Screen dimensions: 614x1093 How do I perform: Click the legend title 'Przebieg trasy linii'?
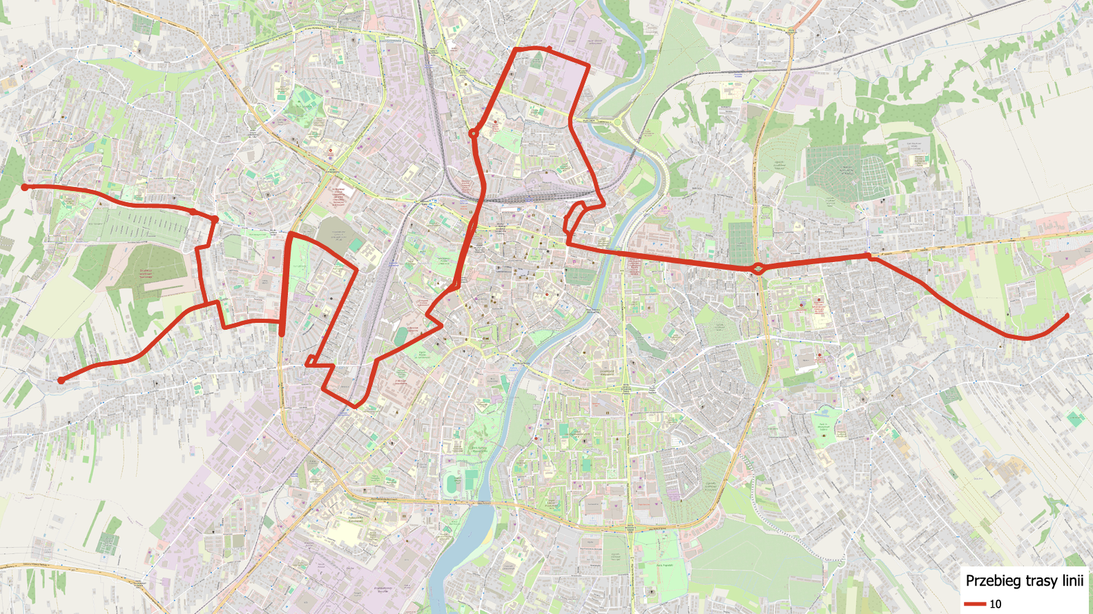(x=1024, y=581)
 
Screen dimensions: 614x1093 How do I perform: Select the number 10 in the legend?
(x=995, y=604)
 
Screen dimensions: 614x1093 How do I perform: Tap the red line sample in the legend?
(x=975, y=604)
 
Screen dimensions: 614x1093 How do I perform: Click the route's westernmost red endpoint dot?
(x=25, y=187)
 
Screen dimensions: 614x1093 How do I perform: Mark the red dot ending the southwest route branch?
(x=61, y=380)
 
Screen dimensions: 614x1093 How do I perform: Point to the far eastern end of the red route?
(x=1067, y=315)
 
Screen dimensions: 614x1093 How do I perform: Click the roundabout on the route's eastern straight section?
(x=758, y=268)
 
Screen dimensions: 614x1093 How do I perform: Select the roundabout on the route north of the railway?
(x=474, y=133)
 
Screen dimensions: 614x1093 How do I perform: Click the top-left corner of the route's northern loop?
(x=516, y=50)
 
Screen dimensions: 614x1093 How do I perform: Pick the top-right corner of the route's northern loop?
(x=588, y=67)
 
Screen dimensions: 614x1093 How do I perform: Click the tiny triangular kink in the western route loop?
(x=311, y=360)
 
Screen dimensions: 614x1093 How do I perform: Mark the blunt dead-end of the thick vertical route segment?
(x=282, y=334)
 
